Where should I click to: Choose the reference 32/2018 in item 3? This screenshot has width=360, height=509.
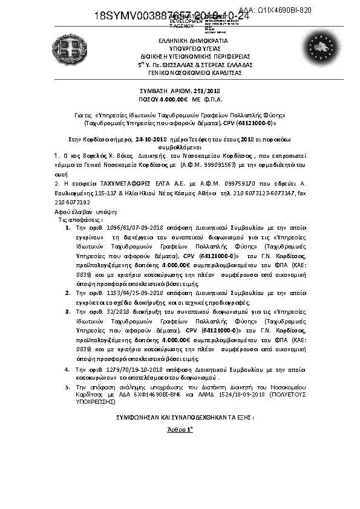(101, 310)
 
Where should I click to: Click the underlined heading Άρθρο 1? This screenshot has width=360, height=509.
(180, 429)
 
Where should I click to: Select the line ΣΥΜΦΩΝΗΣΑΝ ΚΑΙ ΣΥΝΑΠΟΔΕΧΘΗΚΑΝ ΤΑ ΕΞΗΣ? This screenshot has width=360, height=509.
(185, 417)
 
